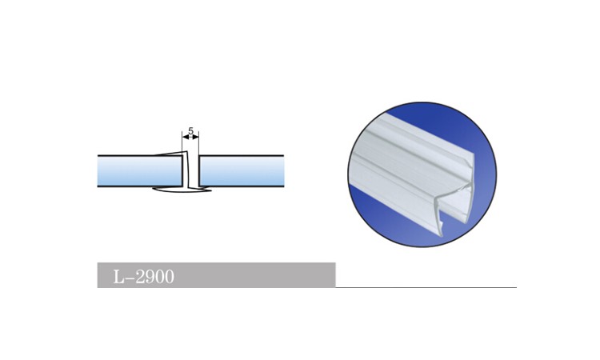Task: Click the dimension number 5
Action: pyautogui.click(x=191, y=130)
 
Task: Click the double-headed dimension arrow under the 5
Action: pyautogui.click(x=191, y=138)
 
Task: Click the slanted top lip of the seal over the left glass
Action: pyautogui.click(x=170, y=154)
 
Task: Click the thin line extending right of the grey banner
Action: pyautogui.click(x=424, y=286)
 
